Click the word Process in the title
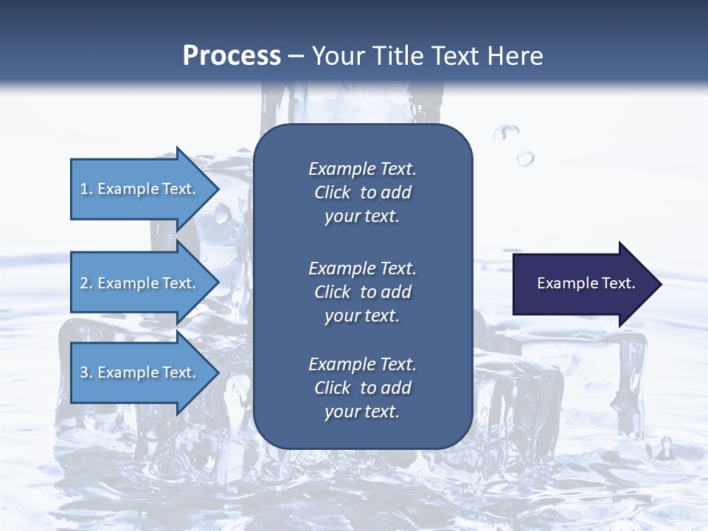(232, 56)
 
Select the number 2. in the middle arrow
(86, 283)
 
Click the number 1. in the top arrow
(86, 189)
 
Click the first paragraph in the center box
(362, 192)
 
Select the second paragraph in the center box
(362, 292)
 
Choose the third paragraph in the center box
(362, 388)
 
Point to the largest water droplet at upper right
(525, 158)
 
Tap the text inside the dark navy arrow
(586, 283)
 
